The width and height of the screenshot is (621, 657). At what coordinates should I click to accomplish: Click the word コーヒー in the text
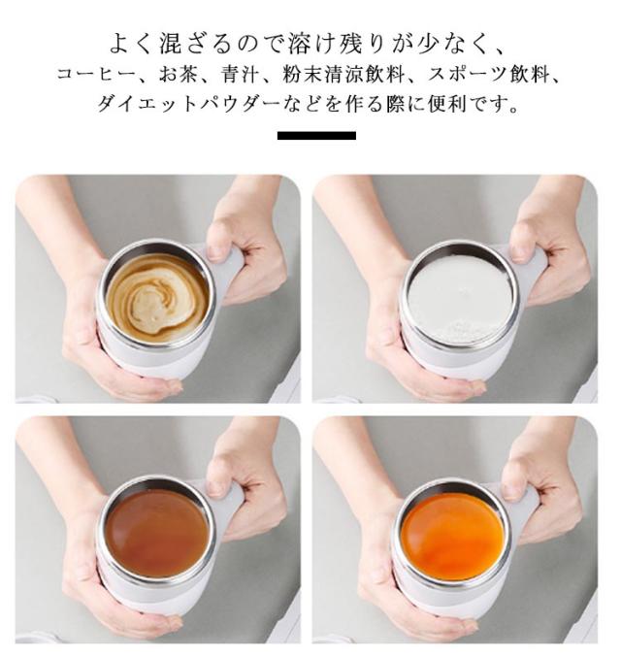click(x=96, y=75)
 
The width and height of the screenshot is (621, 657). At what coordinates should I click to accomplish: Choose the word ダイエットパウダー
click(x=187, y=103)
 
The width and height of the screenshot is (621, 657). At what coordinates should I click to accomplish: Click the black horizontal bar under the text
click(x=316, y=135)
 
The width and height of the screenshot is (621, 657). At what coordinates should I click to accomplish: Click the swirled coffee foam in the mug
click(x=157, y=298)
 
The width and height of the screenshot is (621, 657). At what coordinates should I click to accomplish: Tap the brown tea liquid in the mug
click(x=156, y=532)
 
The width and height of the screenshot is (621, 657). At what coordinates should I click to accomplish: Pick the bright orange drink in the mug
click(x=452, y=536)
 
